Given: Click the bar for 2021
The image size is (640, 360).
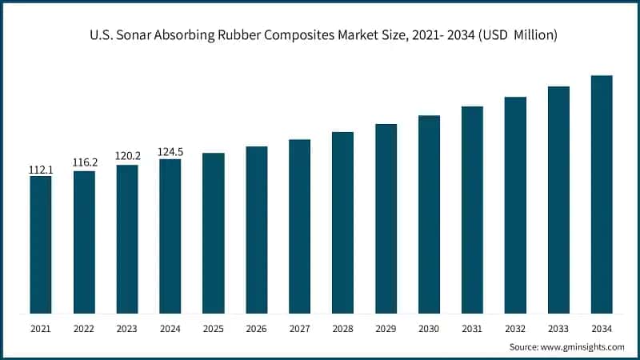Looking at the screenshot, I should tap(41, 245).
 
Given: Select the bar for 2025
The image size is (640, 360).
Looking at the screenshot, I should tap(214, 233).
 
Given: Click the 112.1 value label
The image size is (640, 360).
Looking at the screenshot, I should tap(41, 170).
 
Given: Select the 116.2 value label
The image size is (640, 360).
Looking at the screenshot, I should tap(84, 162).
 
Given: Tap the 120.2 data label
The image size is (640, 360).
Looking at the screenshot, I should tap(127, 157).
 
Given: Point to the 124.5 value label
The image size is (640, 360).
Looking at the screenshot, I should tap(170, 151).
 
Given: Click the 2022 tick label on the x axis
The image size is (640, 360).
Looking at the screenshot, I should tap(84, 328).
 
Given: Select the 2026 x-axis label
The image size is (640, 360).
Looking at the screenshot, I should tap(257, 328).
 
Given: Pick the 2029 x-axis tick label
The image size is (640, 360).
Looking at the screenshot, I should tap(386, 328).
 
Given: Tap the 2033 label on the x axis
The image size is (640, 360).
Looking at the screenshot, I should tap(558, 328).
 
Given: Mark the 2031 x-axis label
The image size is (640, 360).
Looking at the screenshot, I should tap(472, 328).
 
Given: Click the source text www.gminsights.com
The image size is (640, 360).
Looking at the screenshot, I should tap(583, 346).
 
